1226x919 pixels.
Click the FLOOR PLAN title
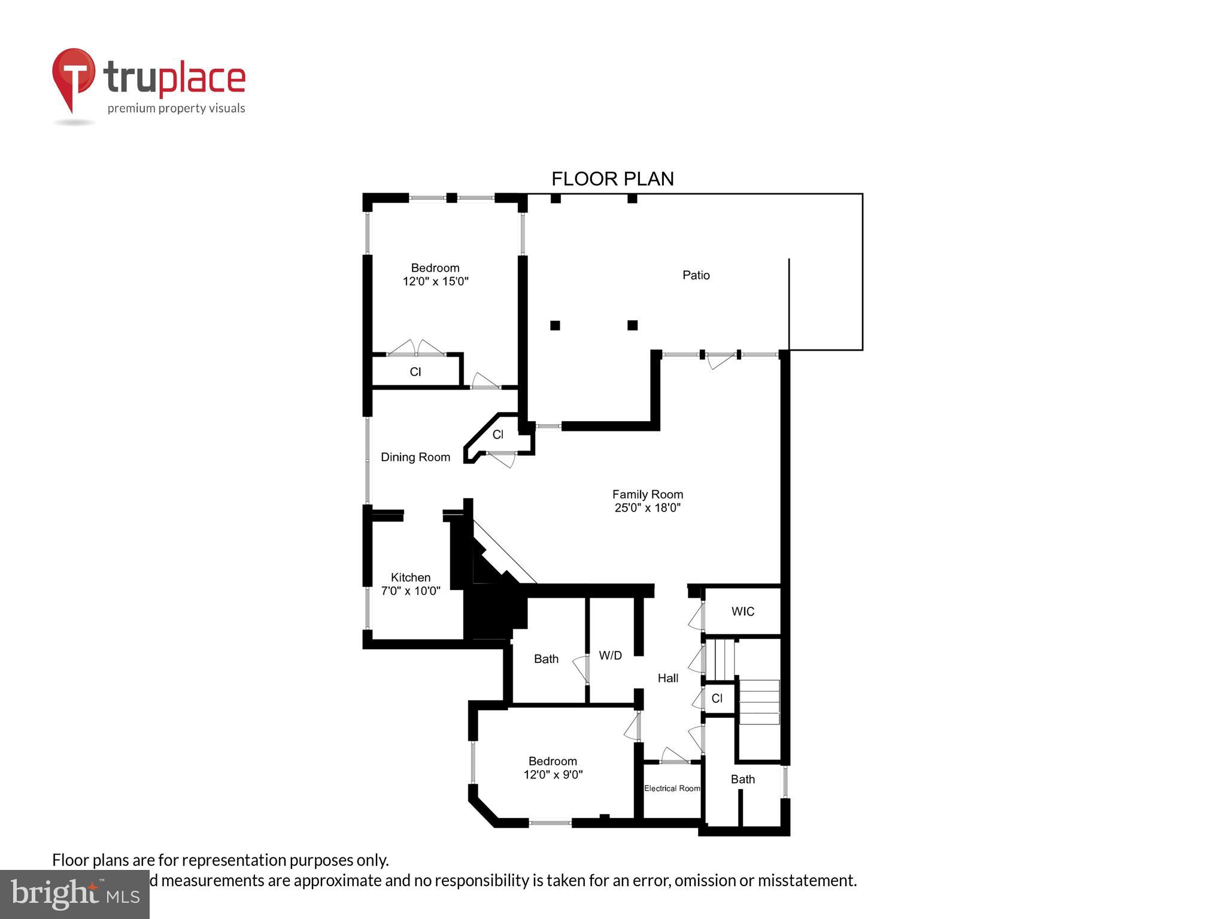[612, 179]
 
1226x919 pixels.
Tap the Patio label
[696, 275]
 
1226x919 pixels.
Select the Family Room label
[647, 494]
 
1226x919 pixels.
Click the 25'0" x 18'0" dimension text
[647, 508]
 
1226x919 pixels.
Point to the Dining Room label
[415, 457]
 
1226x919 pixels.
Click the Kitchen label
[411, 577]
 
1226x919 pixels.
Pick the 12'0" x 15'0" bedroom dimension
[435, 281]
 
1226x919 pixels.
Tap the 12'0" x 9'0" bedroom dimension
[553, 775]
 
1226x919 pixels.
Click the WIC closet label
[742, 611]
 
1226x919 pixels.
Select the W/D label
[610, 656]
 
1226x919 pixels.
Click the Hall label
[667, 678]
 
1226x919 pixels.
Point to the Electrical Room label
[672, 789]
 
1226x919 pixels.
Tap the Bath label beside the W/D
[546, 659]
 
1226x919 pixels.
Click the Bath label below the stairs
[742, 779]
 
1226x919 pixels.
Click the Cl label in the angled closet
[498, 435]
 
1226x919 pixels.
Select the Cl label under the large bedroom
[415, 372]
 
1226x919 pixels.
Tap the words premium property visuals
[176, 108]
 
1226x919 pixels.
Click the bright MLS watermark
[75, 894]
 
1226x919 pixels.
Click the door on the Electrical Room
[674, 757]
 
